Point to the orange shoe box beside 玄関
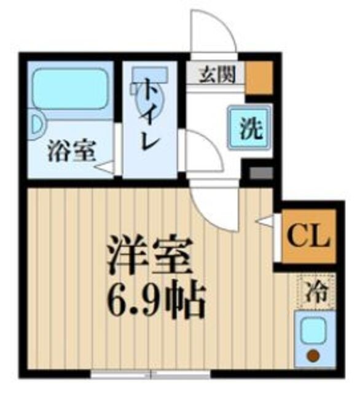click(x=259, y=77)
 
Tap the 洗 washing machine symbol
click(x=246, y=128)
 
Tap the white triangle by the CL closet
click(x=265, y=219)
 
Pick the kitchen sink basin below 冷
click(x=315, y=332)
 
